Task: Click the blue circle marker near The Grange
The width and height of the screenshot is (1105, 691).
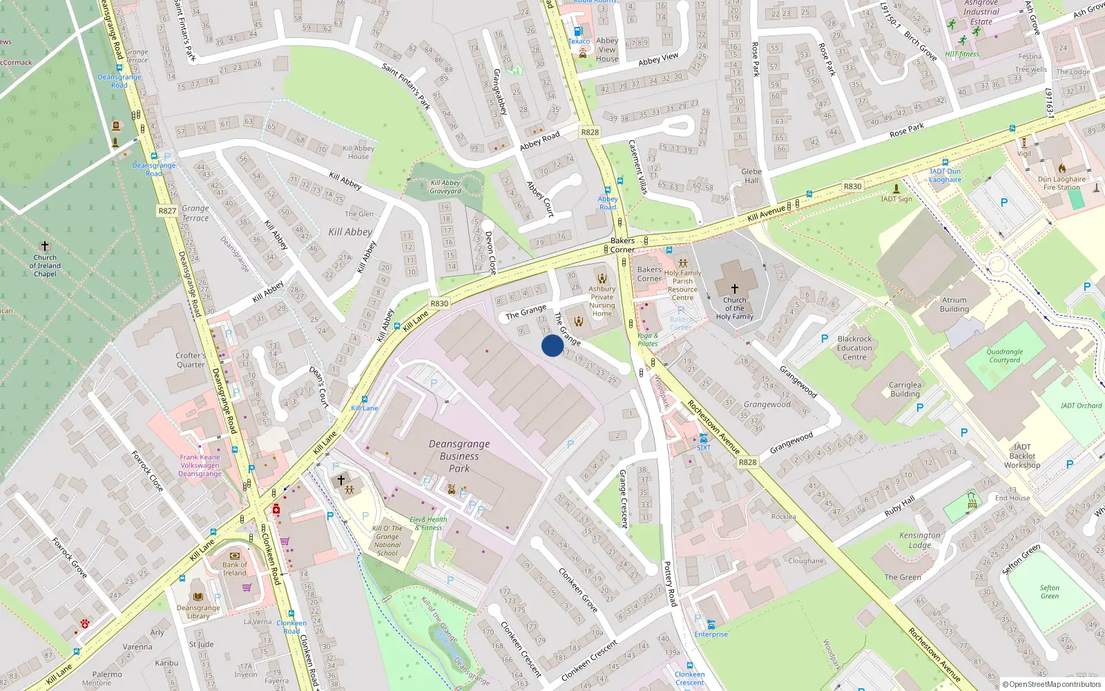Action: click(552, 345)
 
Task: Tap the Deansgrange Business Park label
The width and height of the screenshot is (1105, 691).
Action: click(459, 456)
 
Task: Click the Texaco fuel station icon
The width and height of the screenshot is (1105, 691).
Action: click(578, 31)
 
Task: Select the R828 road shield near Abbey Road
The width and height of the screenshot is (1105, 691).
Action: click(590, 132)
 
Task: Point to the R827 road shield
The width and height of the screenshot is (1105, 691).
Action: click(167, 211)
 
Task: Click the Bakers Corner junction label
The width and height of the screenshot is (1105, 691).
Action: click(622, 245)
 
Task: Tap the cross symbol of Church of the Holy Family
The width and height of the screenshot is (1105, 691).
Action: click(734, 288)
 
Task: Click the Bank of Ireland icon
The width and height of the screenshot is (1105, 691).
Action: click(235, 556)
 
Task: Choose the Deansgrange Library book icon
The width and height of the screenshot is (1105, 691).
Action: click(198, 596)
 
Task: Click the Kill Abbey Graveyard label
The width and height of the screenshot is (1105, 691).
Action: click(445, 187)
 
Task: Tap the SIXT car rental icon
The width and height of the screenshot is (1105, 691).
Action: click(703, 438)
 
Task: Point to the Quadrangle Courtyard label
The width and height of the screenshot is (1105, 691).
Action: click(1004, 356)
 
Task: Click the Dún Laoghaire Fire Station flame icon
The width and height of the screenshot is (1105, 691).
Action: click(1062, 168)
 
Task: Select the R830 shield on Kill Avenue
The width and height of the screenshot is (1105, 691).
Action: click(852, 187)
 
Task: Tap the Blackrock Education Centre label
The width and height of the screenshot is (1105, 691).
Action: click(854, 348)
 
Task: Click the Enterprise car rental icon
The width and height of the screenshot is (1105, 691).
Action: click(711, 625)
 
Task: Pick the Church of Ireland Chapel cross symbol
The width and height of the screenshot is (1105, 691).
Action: click(45, 246)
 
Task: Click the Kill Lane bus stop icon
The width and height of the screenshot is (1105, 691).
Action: click(365, 399)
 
